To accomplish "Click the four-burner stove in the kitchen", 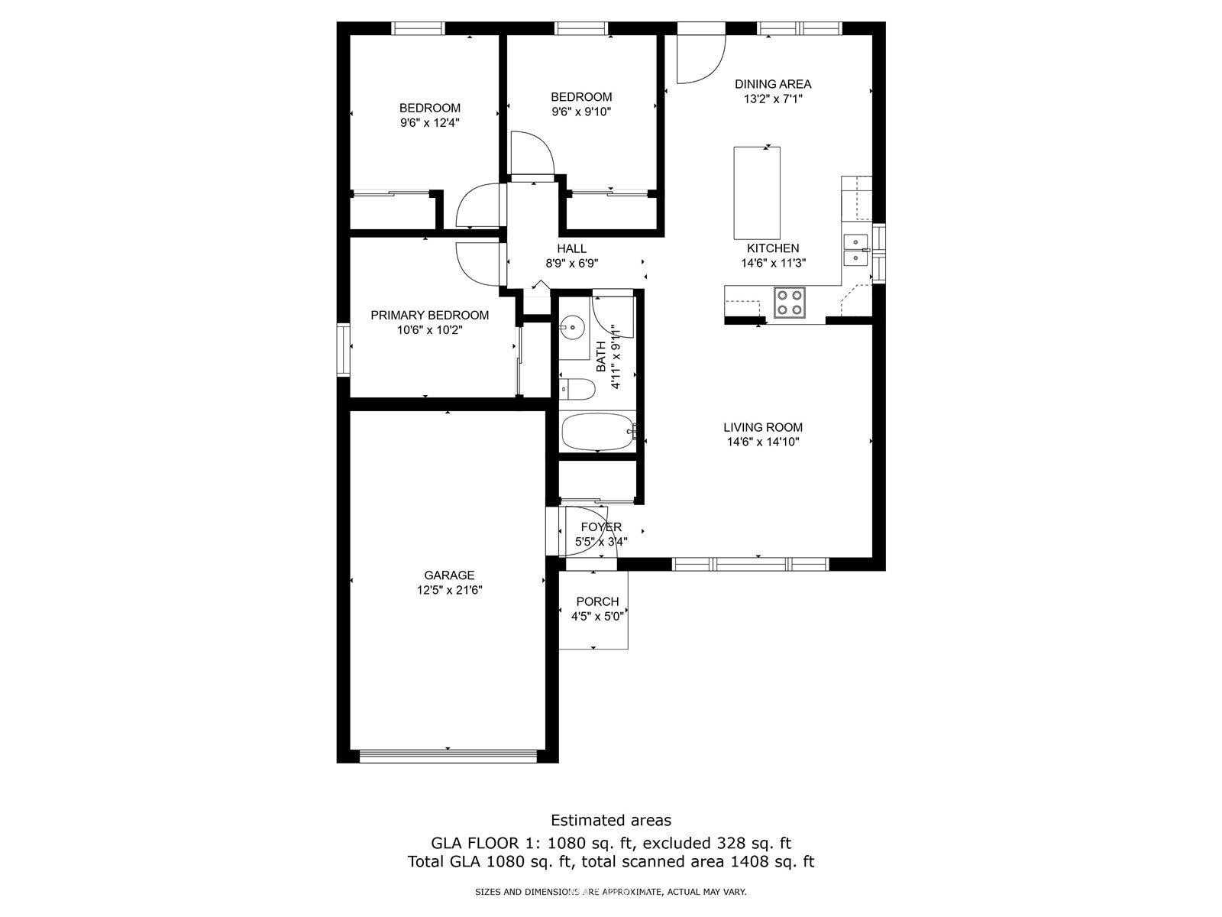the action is pyautogui.click(x=790, y=303).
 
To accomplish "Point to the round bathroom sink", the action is pyautogui.click(x=572, y=327).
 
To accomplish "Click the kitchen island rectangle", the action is pyautogui.click(x=757, y=193).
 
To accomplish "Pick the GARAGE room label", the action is pyautogui.click(x=449, y=575).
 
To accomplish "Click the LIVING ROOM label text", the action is pyautogui.click(x=763, y=427).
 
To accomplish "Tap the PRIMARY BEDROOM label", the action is pyautogui.click(x=430, y=315).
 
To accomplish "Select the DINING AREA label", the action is pyautogui.click(x=773, y=84).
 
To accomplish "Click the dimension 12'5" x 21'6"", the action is pyautogui.click(x=449, y=590).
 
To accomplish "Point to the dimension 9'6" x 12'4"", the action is pyautogui.click(x=430, y=122).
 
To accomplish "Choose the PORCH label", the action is pyautogui.click(x=597, y=601).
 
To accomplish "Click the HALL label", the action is pyautogui.click(x=572, y=248).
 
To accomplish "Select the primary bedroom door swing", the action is pyautogui.click(x=477, y=264).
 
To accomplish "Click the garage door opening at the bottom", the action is pyautogui.click(x=448, y=756).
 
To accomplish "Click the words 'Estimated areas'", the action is pyautogui.click(x=611, y=820).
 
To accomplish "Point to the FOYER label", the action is pyautogui.click(x=601, y=527).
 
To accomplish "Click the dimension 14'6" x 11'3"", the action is pyautogui.click(x=773, y=263).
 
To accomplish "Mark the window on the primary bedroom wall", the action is pyautogui.click(x=343, y=350).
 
